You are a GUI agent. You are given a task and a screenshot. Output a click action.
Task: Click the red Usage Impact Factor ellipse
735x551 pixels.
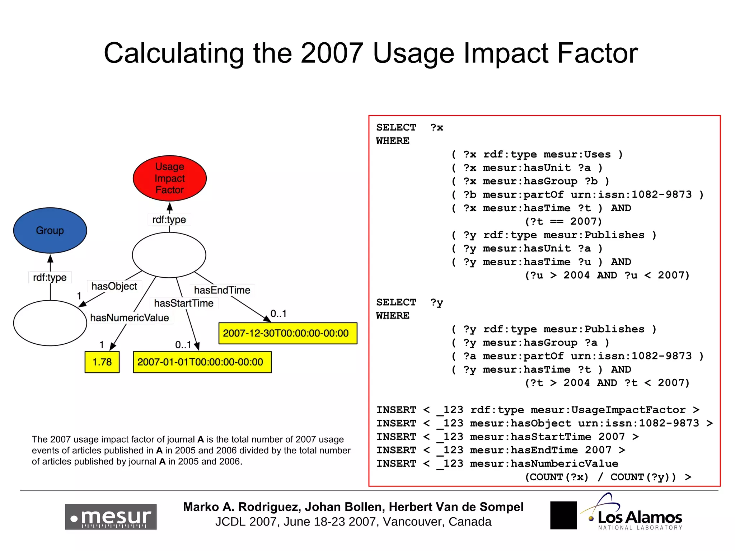tap(169, 178)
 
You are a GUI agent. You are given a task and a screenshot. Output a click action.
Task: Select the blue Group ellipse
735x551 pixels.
tap(50, 230)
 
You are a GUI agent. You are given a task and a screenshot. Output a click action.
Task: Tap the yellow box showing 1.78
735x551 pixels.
tap(102, 362)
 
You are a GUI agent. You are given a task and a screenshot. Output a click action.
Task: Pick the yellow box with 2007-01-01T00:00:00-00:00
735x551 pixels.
tap(202, 362)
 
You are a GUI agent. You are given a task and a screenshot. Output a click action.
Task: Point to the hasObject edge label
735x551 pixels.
tap(114, 286)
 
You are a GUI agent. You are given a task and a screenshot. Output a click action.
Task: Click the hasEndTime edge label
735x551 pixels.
tap(222, 290)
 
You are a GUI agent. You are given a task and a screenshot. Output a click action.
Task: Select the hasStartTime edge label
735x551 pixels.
tap(184, 303)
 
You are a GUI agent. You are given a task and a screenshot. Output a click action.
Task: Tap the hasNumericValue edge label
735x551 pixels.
tap(130, 318)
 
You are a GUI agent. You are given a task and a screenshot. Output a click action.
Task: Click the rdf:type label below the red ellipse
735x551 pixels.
tap(169, 220)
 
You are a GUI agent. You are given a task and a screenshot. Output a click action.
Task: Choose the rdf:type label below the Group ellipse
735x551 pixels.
tap(50, 277)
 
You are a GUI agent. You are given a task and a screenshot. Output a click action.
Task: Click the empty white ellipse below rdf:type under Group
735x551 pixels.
tap(50, 323)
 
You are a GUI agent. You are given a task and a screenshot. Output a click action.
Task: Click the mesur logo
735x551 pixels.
tap(111, 517)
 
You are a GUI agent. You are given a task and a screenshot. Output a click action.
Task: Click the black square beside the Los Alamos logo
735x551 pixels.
tap(563, 515)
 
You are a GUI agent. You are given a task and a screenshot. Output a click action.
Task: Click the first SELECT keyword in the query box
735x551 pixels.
tap(396, 127)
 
